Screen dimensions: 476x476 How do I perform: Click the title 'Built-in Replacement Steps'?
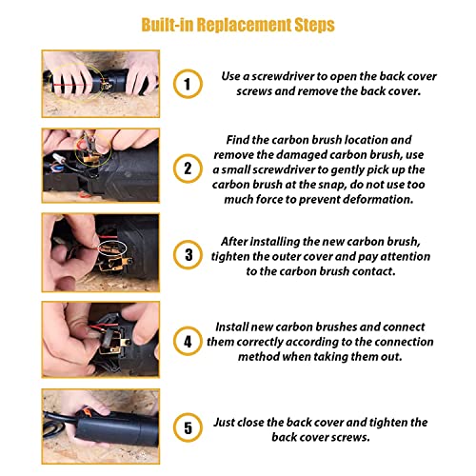pyautogui.click(x=238, y=25)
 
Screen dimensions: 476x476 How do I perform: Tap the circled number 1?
pyautogui.click(x=188, y=84)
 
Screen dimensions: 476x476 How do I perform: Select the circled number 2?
pyautogui.click(x=188, y=169)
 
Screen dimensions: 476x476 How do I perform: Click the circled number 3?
pyautogui.click(x=188, y=255)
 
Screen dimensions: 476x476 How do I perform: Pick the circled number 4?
pyautogui.click(x=188, y=341)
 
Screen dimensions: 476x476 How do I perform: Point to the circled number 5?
pyautogui.click(x=188, y=427)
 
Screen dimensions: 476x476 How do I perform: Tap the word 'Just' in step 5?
pyautogui.click(x=224, y=423)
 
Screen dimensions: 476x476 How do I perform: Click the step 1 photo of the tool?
pyautogui.click(x=101, y=84)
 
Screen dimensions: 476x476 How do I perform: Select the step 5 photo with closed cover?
pyautogui.click(x=101, y=426)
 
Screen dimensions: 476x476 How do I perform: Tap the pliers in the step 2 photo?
pyautogui.click(x=89, y=145)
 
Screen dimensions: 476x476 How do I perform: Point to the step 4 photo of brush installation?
pyautogui.click(x=101, y=340)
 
